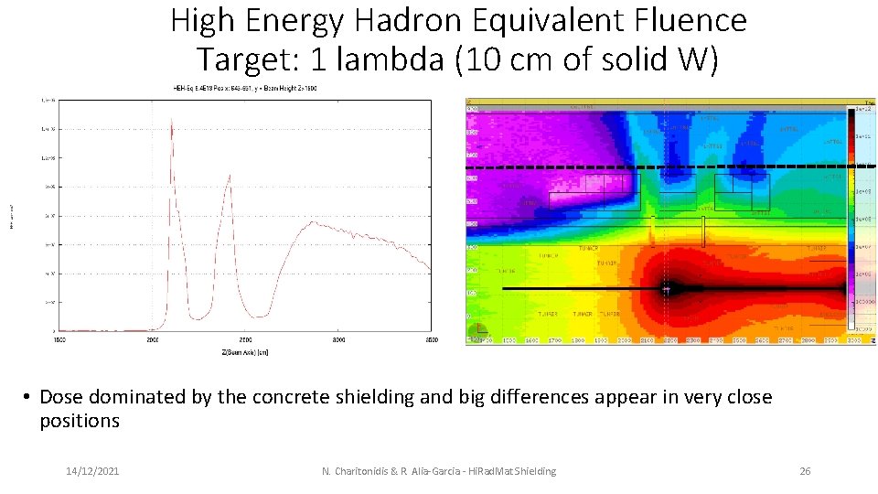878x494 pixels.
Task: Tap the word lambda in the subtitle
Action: pos(388,59)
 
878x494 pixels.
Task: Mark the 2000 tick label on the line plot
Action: pos(153,338)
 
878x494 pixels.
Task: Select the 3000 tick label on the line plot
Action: pos(338,338)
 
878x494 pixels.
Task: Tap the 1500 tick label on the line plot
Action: pos(59,338)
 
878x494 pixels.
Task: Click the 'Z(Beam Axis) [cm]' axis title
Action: pos(243,350)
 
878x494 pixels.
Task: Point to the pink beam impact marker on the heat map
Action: pos(667,288)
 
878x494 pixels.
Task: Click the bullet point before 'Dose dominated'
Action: pos(28,398)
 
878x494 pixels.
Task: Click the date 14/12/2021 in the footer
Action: pos(91,471)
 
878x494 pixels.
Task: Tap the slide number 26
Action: pos(805,471)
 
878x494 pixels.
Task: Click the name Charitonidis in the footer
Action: pos(368,471)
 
